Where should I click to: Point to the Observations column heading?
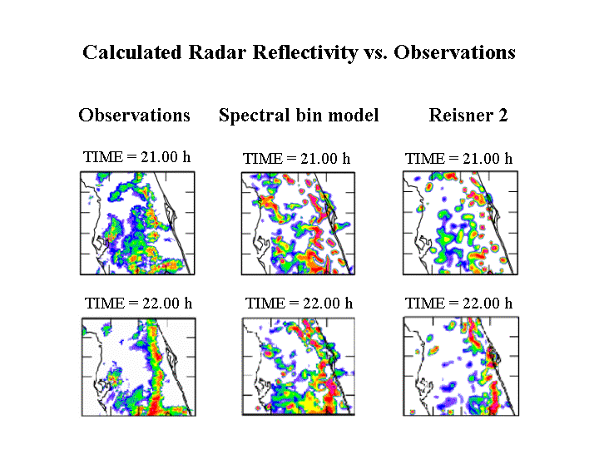click(134, 116)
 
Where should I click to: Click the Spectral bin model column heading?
click(299, 116)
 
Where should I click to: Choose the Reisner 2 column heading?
click(468, 116)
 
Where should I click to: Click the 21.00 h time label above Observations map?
click(137, 156)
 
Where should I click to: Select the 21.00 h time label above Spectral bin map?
click(296, 159)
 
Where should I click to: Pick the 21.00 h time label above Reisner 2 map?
click(458, 159)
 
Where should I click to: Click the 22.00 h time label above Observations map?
click(138, 303)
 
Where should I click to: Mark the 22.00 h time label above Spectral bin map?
click(299, 303)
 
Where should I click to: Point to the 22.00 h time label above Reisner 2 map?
click(458, 303)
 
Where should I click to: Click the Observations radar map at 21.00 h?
click(137, 223)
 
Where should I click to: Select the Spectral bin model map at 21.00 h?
click(298, 224)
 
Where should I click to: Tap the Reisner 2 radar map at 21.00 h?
click(458, 224)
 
